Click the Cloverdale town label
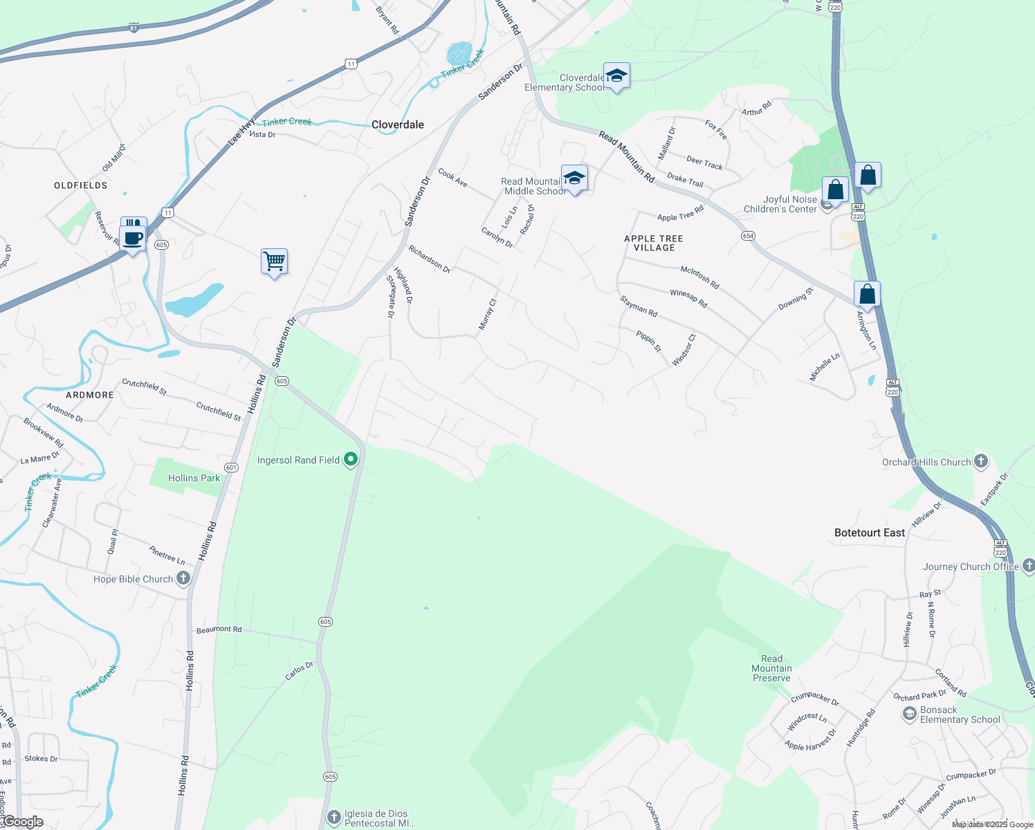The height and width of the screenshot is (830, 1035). [397, 124]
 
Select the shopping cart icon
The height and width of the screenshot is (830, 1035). [274, 261]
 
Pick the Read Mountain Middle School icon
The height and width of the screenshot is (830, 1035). [574, 178]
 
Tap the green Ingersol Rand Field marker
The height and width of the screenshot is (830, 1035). [351, 459]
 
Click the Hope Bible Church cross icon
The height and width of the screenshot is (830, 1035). [183, 578]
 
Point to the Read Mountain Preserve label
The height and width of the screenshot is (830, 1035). [771, 668]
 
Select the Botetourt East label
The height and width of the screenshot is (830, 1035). [869, 533]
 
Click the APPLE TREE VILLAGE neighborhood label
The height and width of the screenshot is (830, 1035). [653, 243]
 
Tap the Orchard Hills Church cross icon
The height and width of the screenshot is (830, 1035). [981, 461]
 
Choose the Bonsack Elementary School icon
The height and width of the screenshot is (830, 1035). [910, 714]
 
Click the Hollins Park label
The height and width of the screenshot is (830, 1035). [194, 478]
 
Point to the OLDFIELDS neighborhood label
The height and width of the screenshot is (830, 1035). [81, 185]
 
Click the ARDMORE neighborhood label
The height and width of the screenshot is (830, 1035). [90, 395]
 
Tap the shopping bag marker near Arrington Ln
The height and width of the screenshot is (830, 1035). [867, 294]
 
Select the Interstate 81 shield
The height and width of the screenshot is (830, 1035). [134, 28]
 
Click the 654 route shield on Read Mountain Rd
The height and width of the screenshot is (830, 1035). [748, 236]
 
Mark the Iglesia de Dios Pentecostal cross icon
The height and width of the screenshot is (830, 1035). [334, 818]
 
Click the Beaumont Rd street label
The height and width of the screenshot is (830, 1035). [219, 629]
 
